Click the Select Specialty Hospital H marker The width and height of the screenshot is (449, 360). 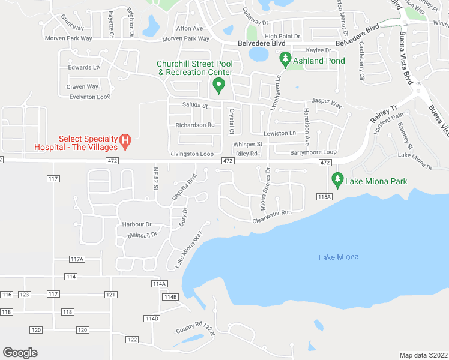[125, 142]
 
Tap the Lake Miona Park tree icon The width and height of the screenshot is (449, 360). [337, 179]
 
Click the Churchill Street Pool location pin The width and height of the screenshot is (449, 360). [219, 87]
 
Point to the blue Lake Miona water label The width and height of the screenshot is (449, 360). [339, 257]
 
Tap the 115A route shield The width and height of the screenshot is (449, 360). [324, 197]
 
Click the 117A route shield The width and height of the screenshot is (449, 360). [77, 259]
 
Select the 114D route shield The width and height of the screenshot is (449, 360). [151, 318]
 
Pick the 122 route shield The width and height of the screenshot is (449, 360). [132, 340]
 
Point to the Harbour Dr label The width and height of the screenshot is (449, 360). [137, 224]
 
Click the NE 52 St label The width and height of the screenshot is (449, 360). [154, 179]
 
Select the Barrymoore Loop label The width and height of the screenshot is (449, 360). [314, 152]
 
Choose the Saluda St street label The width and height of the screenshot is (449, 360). [194, 106]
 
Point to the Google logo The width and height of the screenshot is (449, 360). [20, 353]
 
